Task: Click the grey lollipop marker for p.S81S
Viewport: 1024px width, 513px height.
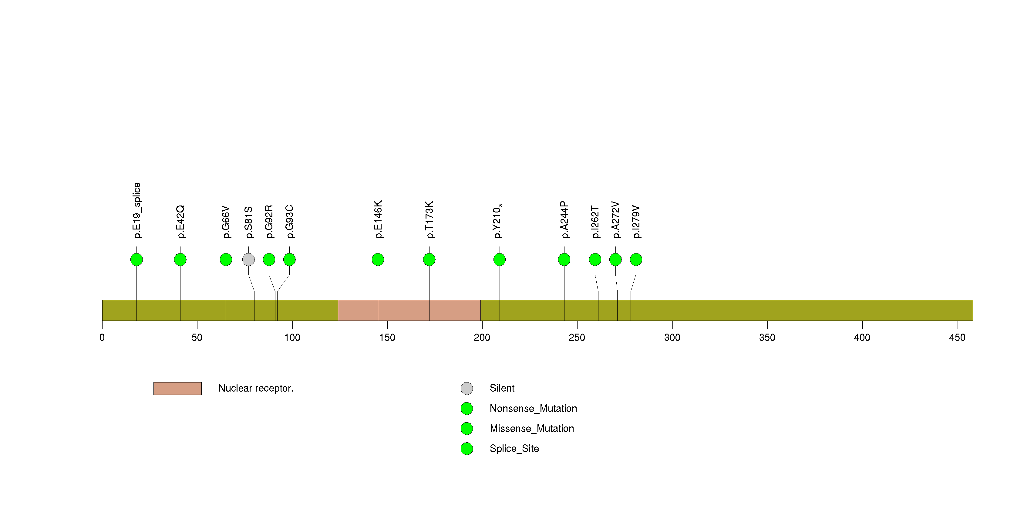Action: point(248,260)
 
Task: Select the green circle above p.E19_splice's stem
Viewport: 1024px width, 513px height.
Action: point(136,260)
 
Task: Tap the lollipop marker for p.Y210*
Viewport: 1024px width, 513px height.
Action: point(499,260)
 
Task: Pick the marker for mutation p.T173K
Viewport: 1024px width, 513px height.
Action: point(429,260)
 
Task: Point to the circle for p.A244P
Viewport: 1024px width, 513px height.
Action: point(564,260)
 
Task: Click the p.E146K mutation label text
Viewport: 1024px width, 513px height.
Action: point(378,219)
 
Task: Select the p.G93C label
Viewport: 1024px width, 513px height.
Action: point(289,222)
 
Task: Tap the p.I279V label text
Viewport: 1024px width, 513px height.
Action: point(636,222)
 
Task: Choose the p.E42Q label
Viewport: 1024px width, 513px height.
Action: point(180,222)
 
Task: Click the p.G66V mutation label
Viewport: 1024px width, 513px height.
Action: point(226,222)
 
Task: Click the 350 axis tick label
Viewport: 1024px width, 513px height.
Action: point(767,338)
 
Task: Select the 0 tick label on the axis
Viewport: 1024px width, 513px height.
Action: point(102,338)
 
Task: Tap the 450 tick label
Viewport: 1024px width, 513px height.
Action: point(957,338)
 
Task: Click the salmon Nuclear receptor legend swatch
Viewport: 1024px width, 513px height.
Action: point(177,389)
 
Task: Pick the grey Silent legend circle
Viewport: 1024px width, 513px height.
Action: point(467,389)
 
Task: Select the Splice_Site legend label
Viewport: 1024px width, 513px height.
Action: point(514,449)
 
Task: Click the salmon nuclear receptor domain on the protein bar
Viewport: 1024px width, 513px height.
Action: point(409,310)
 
